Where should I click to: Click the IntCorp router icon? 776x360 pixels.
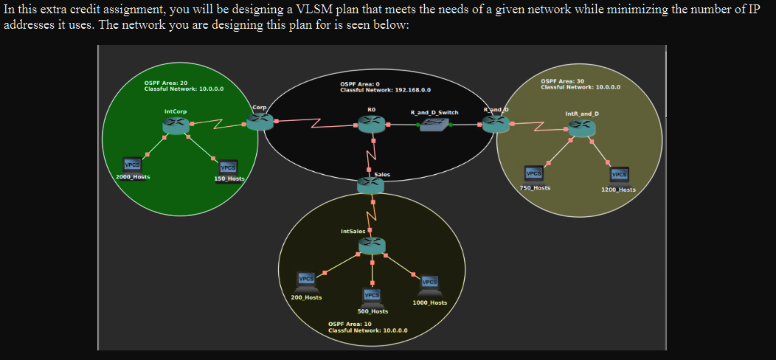pyautogui.click(x=176, y=125)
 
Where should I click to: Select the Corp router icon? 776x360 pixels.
pyautogui.click(x=260, y=121)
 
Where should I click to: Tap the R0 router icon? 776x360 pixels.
pyautogui.click(x=372, y=124)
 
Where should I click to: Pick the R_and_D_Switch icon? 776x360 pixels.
pyautogui.click(x=434, y=124)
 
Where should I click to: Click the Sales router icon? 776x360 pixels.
pyautogui.click(x=371, y=185)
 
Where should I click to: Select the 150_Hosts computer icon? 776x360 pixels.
pyautogui.click(x=228, y=168)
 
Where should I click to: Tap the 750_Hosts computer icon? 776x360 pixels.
pyautogui.click(x=533, y=175)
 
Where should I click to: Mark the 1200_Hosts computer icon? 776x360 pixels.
pyautogui.click(x=619, y=176)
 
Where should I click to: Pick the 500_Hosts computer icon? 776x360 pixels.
pyautogui.click(x=372, y=296)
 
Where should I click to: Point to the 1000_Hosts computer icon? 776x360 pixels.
pyautogui.click(x=429, y=284)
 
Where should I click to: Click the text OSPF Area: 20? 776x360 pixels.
pyautogui.click(x=166, y=83)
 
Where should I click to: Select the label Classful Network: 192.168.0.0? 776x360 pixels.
pyautogui.click(x=386, y=90)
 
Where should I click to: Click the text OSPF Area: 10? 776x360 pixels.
pyautogui.click(x=350, y=324)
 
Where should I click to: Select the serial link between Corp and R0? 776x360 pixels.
pyautogui.click(x=316, y=122)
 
